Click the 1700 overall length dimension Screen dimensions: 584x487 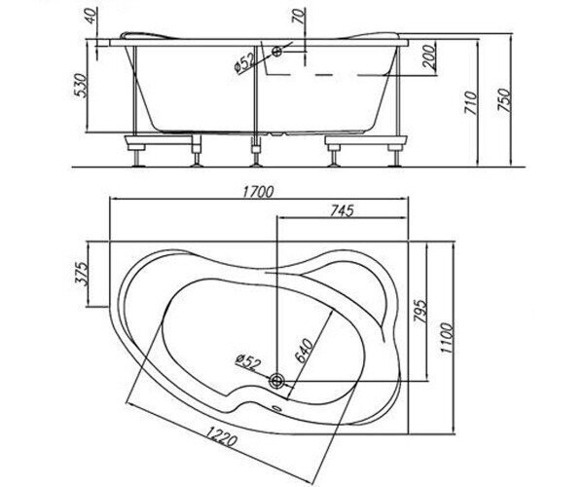(258, 192)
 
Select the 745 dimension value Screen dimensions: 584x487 (342, 211)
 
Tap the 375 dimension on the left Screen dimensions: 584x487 (82, 274)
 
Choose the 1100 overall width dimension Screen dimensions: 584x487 (447, 338)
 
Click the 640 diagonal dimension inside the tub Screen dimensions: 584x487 (304, 351)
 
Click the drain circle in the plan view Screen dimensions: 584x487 (277, 381)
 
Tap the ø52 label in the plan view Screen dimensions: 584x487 (246, 362)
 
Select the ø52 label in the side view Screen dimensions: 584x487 (244, 63)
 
